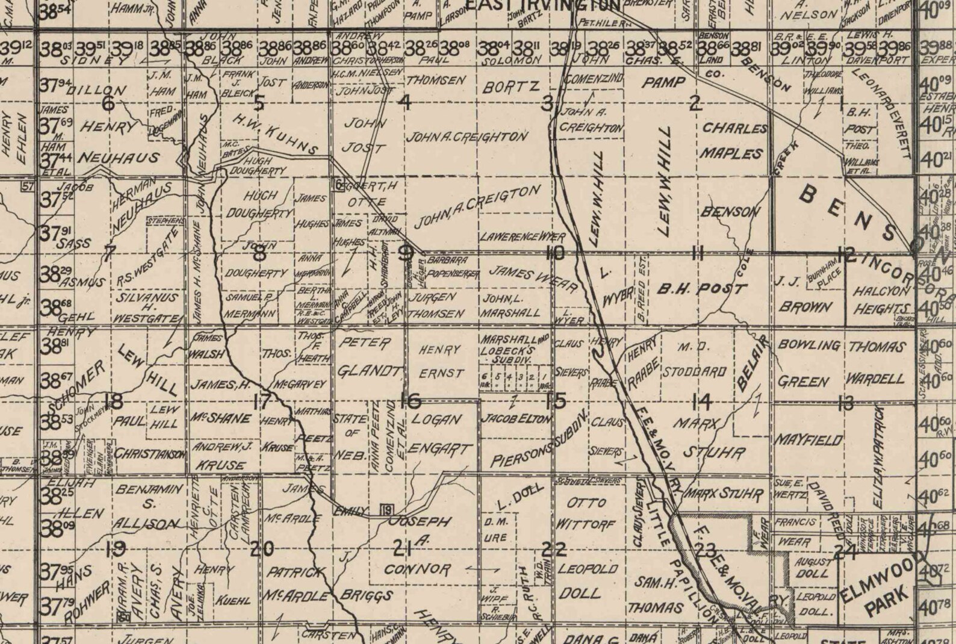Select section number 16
(x=410, y=400)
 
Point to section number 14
(x=701, y=400)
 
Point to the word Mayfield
(x=809, y=441)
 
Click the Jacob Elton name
(x=518, y=419)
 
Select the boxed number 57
(x=26, y=186)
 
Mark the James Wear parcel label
(x=532, y=277)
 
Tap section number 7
(x=108, y=254)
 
